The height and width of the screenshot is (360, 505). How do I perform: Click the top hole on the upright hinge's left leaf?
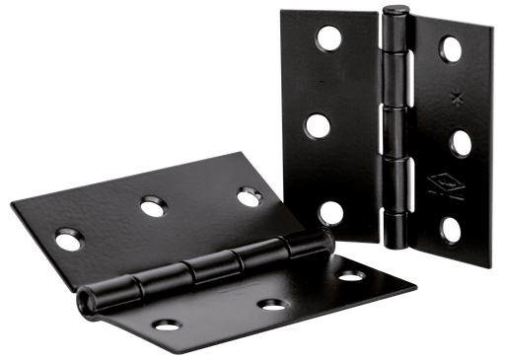325,38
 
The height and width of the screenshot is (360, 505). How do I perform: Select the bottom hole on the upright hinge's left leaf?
331,211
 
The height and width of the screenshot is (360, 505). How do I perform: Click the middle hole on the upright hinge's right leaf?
460,142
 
